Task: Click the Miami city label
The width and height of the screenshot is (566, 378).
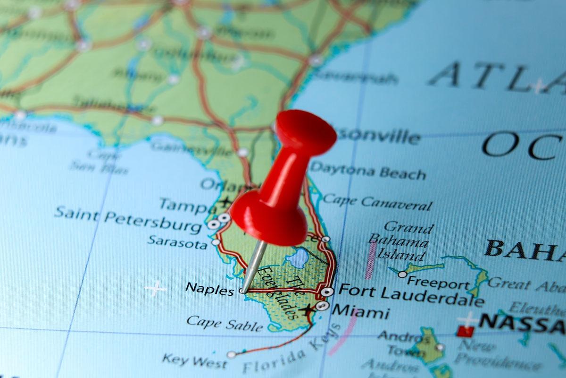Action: tap(361, 312)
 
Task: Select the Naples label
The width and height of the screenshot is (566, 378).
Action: tap(209, 288)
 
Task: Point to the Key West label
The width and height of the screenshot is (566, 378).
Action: tap(194, 361)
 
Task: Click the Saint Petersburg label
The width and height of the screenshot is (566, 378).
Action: tap(128, 219)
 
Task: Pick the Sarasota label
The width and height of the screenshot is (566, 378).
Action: tap(177, 241)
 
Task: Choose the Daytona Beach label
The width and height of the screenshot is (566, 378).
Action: tap(368, 171)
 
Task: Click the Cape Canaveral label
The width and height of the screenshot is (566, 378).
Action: tap(377, 203)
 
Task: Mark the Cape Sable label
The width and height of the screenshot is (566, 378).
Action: tap(225, 324)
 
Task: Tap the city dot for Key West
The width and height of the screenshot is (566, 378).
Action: tap(231, 354)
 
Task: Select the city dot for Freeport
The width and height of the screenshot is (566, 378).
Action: tap(402, 274)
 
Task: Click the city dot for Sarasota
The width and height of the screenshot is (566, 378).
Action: tap(216, 242)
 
